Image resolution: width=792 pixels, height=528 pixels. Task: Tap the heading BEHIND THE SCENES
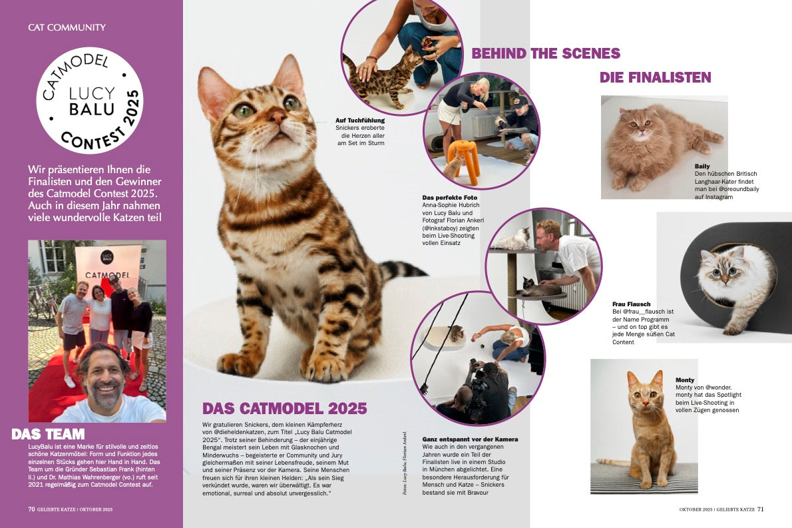(546, 53)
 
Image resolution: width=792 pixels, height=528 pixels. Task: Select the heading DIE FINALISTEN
(655, 77)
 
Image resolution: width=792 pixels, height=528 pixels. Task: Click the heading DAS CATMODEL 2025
(284, 408)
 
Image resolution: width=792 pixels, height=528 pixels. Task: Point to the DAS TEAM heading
(48, 434)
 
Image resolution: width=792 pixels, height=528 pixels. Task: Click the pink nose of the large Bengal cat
(277, 117)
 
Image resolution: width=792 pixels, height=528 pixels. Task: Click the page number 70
(31, 509)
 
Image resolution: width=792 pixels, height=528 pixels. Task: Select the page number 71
(761, 509)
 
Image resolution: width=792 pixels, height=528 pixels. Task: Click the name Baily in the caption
(702, 166)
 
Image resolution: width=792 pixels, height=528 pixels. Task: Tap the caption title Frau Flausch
(632, 304)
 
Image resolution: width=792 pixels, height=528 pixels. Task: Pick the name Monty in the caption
(685, 380)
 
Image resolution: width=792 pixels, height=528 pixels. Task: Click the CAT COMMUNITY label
(67, 27)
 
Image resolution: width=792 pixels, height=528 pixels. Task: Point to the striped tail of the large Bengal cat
(402, 269)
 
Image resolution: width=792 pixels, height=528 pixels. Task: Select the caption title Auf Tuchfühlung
(360, 121)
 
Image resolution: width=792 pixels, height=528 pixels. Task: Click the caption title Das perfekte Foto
(449, 198)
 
